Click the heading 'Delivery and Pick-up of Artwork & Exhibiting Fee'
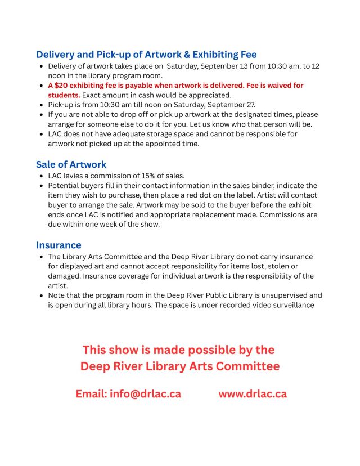tap(146, 55)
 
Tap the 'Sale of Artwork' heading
tap(71, 164)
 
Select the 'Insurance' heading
tap(58, 245)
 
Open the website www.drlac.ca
tap(253, 393)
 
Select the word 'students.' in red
tap(64, 95)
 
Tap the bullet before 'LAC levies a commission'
tap(42, 176)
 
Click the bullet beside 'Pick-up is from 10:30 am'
tap(42, 105)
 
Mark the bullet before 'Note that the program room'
tap(42, 295)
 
